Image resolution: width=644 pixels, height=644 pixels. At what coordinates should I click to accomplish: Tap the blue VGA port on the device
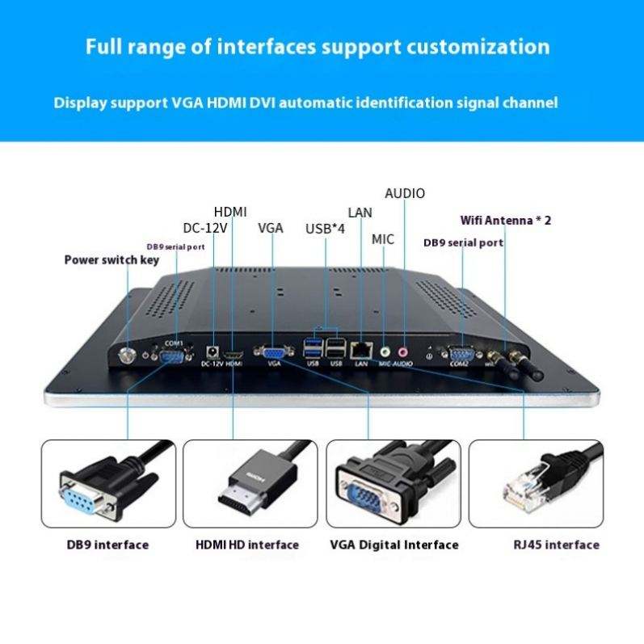(274, 352)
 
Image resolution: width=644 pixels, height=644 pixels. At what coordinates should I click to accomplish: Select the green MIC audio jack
(385, 351)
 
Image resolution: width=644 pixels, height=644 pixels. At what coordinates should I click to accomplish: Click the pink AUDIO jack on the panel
(402, 351)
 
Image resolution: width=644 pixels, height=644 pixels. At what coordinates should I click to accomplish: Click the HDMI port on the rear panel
(234, 354)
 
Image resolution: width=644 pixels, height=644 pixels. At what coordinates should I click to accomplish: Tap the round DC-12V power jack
(213, 351)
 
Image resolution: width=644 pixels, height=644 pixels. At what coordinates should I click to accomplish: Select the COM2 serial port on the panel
(460, 352)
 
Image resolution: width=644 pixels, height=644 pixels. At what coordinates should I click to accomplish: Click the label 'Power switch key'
(112, 259)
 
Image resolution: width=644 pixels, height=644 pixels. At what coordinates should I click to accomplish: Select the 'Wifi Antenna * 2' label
(506, 219)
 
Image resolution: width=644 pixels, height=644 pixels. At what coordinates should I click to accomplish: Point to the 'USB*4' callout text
(325, 229)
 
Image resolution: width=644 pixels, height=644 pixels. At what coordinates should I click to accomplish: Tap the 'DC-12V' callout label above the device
(205, 228)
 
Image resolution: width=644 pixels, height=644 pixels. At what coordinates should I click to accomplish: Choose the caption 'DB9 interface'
(107, 545)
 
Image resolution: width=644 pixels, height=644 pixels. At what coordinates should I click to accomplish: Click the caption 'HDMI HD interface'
(247, 545)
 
